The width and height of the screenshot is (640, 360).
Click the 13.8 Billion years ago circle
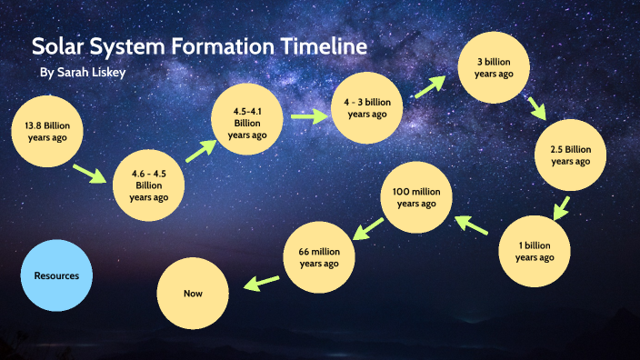[x=46, y=130]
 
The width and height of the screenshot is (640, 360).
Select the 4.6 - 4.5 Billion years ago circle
[x=148, y=185]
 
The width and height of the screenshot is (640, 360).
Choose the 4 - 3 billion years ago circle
[x=367, y=108]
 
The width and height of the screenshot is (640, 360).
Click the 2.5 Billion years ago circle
[x=570, y=155]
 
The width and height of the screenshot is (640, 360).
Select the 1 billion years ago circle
[x=534, y=251]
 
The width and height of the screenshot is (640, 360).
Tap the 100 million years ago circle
[x=415, y=197]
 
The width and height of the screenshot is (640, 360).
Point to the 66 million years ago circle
[x=319, y=257]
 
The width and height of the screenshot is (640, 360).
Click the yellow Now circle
[x=192, y=295]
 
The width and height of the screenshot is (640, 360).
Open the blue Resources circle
[x=56, y=275]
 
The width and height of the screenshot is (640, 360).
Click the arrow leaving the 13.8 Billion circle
[x=89, y=173]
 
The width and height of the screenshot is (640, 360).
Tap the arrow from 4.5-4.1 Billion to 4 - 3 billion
[x=308, y=116]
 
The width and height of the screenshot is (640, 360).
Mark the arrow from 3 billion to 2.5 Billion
[x=537, y=108]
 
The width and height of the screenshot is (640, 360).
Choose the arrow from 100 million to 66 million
[x=366, y=230]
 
